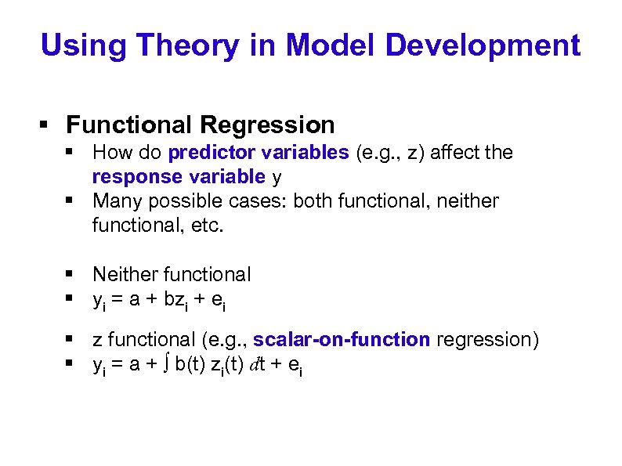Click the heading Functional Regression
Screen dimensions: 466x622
(x=201, y=125)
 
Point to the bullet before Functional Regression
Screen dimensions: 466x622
(x=45, y=125)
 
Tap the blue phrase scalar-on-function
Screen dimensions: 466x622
(x=342, y=340)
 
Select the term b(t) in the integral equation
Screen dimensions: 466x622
(x=192, y=364)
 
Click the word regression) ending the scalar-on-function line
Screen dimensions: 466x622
(x=487, y=340)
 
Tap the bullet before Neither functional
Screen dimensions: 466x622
(x=71, y=275)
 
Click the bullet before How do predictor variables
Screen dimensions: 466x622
(x=71, y=152)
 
